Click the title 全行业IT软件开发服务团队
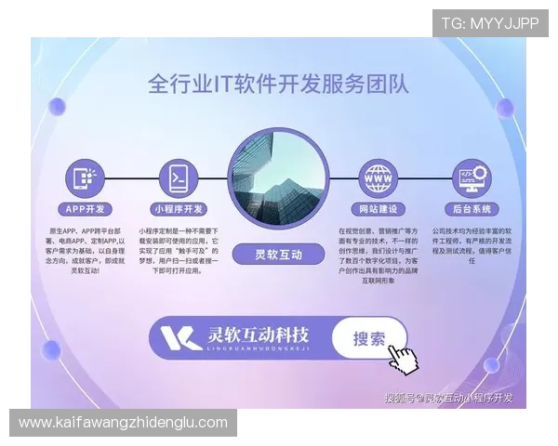[278, 85]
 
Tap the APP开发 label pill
[86, 209]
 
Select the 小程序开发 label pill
[178, 209]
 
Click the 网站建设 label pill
[379, 209]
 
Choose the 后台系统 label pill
[471, 209]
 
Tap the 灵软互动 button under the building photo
[278, 253]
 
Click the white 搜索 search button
[369, 339]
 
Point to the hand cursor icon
[403, 359]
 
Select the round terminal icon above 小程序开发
[178, 176]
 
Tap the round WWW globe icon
[379, 176]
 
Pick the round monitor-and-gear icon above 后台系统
[471, 176]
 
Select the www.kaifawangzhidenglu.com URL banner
[123, 423]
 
